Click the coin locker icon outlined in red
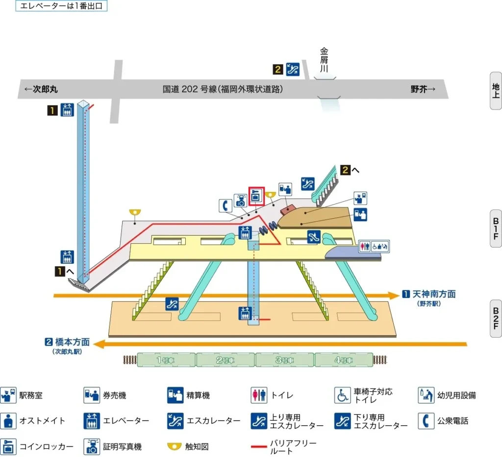tap(256, 196)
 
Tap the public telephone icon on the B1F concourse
tap(226, 206)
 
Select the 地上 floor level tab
tap(496, 91)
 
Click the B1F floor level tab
tap(496, 228)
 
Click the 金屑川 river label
tap(324, 60)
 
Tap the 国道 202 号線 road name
tap(223, 89)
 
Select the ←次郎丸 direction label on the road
tap(41, 89)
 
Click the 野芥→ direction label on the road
tap(423, 89)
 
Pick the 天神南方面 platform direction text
tap(433, 294)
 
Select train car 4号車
tap(343, 360)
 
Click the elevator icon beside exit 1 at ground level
tap(67, 110)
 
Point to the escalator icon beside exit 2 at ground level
tap(293, 69)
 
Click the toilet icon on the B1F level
tap(363, 246)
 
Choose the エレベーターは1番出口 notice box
tap(61, 6)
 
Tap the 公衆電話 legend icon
tap(426, 420)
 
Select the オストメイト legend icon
tap(8, 420)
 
